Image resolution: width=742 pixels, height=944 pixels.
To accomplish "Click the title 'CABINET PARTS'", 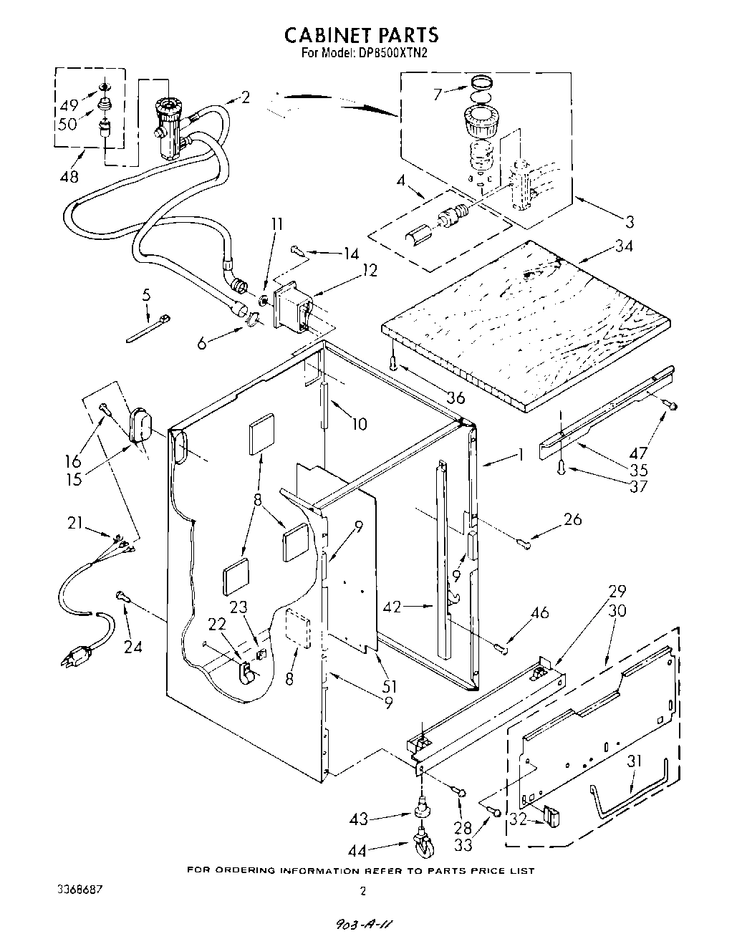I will (362, 34).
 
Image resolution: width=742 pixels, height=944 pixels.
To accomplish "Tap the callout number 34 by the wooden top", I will (624, 247).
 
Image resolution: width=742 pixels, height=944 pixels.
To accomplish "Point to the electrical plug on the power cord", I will (78, 656).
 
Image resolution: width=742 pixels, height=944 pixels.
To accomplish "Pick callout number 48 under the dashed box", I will (69, 176).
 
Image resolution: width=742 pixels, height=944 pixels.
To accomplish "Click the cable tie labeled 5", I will (149, 328).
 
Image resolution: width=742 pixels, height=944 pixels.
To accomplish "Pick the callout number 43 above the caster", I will (361, 819).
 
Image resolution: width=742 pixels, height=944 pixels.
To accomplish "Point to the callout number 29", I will (617, 591).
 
